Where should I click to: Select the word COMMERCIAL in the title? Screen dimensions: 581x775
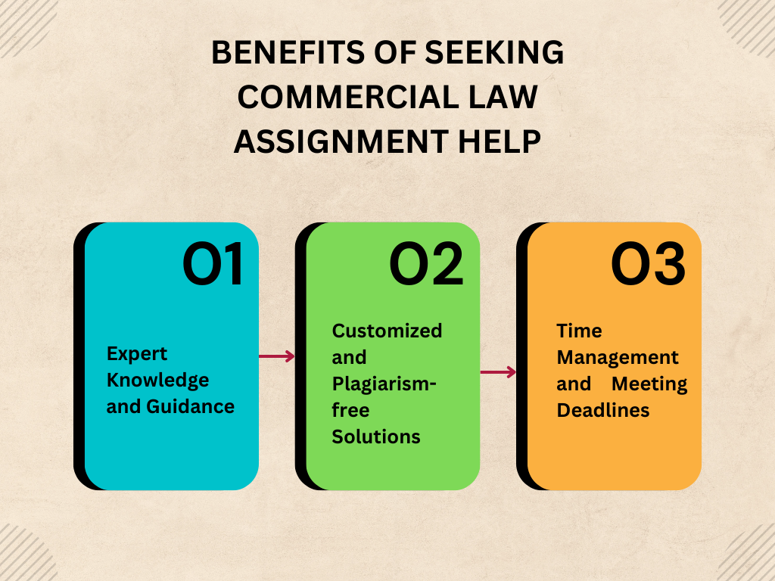coord(349,98)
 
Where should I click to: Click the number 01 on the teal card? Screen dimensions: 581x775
coord(213,265)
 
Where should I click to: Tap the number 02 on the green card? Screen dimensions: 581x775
coord(426,265)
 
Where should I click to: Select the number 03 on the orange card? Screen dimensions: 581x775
coord(648,265)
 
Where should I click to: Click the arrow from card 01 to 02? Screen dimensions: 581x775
coord(277,356)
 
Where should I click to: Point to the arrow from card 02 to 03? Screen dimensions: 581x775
coord(498,371)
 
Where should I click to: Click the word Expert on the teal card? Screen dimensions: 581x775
coord(137,353)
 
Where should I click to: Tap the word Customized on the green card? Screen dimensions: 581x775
coord(387,331)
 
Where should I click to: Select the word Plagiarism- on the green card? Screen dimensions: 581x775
coord(384,384)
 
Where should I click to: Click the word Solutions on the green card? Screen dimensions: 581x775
coord(376,437)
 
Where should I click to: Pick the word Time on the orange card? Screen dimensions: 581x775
coord(579,331)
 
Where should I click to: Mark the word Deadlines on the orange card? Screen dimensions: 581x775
coord(603,410)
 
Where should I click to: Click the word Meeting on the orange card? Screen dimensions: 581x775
coord(649,384)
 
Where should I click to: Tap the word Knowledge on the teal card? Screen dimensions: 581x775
coord(157,380)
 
